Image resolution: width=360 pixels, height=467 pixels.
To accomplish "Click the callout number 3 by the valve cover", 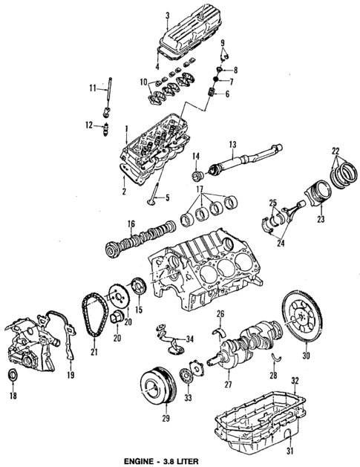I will tap(168, 15).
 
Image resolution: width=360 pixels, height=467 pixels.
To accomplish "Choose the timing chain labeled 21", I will tap(91, 319).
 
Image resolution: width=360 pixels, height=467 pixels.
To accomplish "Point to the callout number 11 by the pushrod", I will tap(94, 88).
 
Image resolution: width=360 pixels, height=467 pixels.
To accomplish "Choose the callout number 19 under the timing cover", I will tap(71, 376).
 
